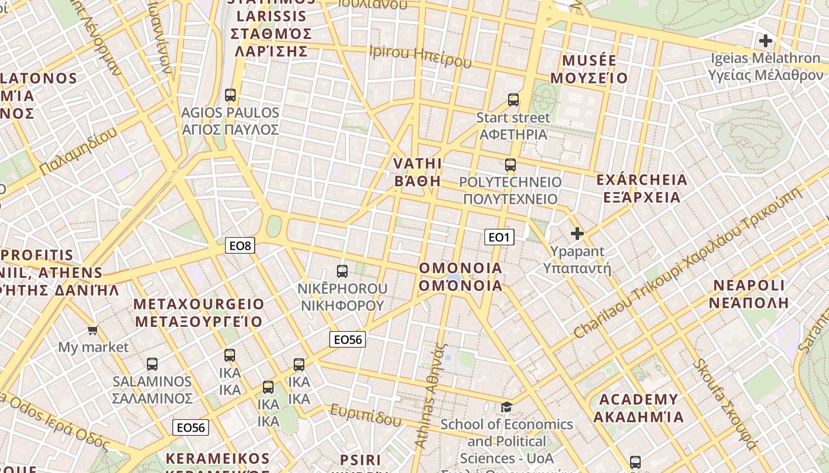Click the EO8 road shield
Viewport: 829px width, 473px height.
[x=240, y=245]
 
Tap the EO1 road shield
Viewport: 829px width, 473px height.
[x=499, y=237]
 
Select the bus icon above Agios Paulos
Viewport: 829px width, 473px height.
[x=230, y=95]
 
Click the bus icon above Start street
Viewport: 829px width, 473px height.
[x=513, y=100]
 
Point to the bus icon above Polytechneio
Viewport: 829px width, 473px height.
[x=510, y=165]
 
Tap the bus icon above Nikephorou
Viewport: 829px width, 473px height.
[x=342, y=271]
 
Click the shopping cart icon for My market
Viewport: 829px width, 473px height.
[x=92, y=330]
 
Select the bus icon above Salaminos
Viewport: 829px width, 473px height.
[x=152, y=364]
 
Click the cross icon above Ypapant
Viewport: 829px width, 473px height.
[x=577, y=234]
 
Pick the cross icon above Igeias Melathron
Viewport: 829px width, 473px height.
[x=766, y=41]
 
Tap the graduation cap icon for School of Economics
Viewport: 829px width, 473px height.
[x=506, y=407]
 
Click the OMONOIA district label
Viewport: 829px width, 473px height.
[x=461, y=277]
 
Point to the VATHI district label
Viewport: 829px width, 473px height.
[x=418, y=172]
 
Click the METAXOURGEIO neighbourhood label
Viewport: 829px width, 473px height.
[x=199, y=313]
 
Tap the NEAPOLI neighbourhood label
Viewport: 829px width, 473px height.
[x=749, y=294]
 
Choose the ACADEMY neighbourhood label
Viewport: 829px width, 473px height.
[x=638, y=408]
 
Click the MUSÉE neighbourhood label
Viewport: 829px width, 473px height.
[x=589, y=69]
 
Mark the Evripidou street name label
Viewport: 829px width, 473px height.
[x=366, y=416]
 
